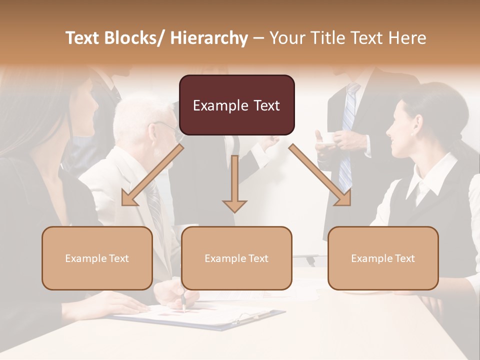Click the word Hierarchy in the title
[209, 38]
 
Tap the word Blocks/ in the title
[135, 38]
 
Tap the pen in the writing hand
[183, 302]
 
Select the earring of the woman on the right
[413, 134]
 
